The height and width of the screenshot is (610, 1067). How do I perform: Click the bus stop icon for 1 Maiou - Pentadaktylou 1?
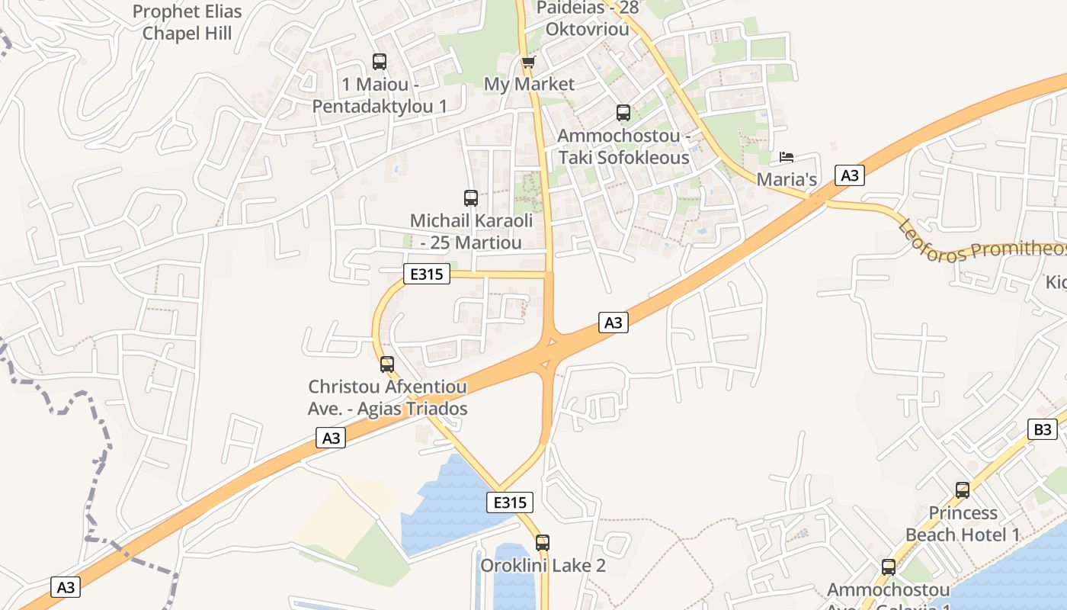(380, 62)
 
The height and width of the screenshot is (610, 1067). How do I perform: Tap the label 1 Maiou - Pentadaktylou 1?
(380, 95)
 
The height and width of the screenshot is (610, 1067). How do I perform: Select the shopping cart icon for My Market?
(528, 62)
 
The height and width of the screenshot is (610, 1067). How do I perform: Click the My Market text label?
(529, 84)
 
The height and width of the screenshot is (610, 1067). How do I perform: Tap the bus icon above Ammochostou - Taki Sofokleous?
(623, 113)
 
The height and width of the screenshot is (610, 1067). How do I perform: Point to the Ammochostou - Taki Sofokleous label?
(623, 146)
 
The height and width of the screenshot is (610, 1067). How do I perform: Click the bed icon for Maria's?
(787, 158)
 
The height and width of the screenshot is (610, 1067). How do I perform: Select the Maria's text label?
(787, 180)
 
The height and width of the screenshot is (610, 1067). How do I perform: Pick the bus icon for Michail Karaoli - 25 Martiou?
(471, 198)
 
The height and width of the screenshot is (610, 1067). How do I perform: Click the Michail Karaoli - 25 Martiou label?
(471, 232)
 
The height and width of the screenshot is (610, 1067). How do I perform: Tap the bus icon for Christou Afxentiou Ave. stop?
(387, 364)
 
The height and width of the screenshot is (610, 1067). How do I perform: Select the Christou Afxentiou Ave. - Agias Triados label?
(387, 398)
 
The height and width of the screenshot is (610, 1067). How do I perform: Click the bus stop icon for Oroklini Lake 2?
(543, 543)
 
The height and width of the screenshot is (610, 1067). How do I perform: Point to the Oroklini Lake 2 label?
(543, 566)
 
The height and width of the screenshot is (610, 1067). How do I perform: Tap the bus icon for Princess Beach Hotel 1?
(963, 490)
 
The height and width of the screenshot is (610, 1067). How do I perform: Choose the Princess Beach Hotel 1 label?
(963, 524)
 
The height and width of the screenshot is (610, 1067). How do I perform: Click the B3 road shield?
(1043, 429)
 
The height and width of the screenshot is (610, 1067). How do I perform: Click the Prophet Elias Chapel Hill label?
(187, 22)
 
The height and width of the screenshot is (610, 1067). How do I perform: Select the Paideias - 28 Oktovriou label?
(588, 18)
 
